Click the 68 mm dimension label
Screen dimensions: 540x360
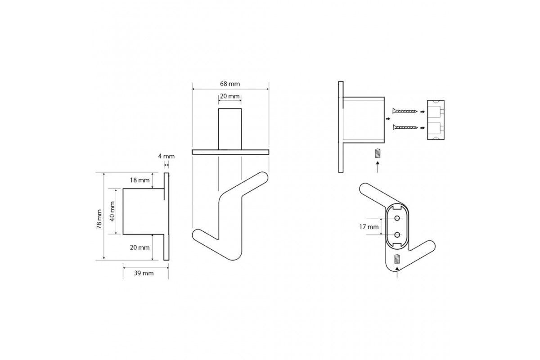(x=230, y=84)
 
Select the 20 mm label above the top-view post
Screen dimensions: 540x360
(x=230, y=96)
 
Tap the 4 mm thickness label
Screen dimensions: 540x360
(x=166, y=156)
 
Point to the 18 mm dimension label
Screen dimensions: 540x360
(x=140, y=180)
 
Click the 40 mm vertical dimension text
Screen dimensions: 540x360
(x=112, y=211)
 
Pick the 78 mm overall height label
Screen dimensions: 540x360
(x=99, y=219)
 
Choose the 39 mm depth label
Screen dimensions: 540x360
(x=144, y=273)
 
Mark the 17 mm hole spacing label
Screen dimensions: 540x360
(x=369, y=227)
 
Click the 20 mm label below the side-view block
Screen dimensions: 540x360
(x=140, y=247)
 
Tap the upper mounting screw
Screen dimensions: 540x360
(x=405, y=111)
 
